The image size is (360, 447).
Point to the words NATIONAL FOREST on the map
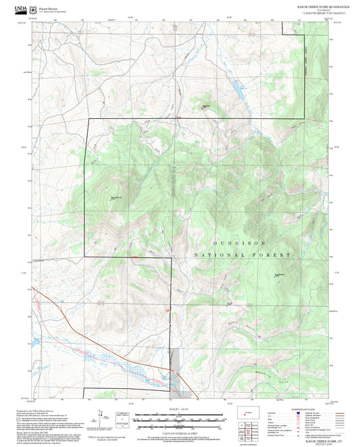coord(242,255)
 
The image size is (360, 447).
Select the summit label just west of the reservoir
coord(207,106)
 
